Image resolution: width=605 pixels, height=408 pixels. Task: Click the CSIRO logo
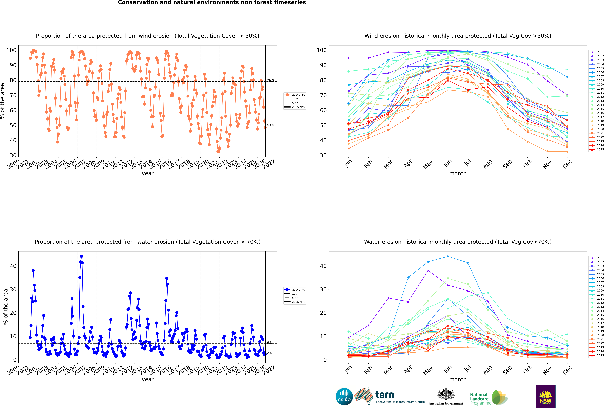pyautogui.click(x=344, y=397)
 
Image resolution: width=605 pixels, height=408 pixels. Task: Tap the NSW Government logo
pyautogui.click(x=545, y=397)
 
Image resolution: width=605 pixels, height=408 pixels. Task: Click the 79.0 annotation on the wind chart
pyautogui.click(x=270, y=81)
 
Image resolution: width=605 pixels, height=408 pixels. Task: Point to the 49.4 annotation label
pyautogui.click(x=270, y=125)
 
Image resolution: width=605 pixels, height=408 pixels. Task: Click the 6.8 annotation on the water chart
pyautogui.click(x=269, y=343)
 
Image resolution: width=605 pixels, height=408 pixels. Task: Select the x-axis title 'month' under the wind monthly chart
pyautogui.click(x=458, y=174)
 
